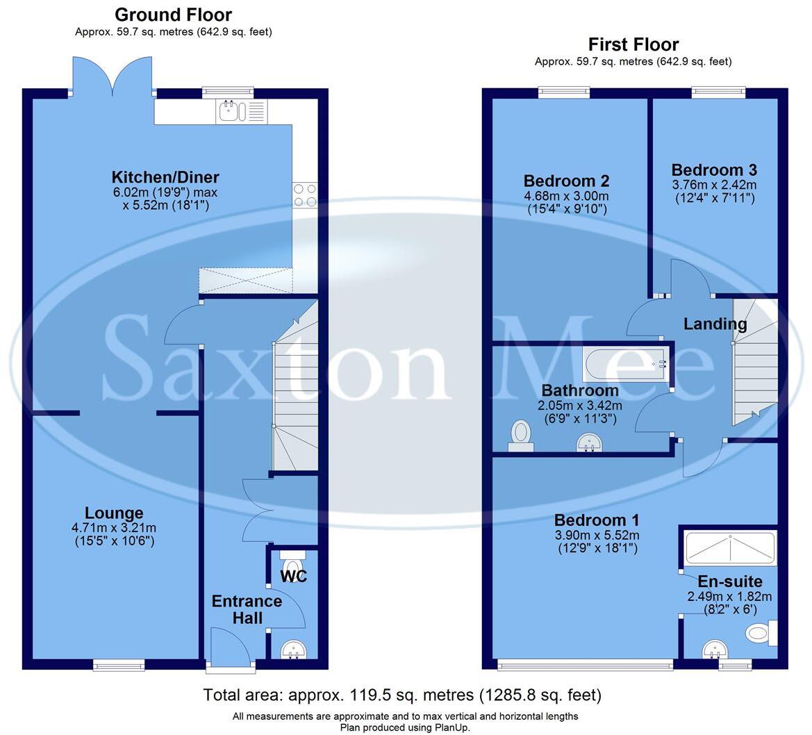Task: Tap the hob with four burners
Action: click(305, 195)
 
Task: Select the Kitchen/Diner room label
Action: click(165, 177)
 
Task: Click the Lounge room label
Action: click(115, 513)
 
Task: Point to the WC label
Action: click(293, 577)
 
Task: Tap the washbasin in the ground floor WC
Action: click(293, 650)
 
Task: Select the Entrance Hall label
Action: click(247, 609)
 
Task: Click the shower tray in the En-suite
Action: click(730, 549)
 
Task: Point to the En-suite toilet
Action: click(760, 633)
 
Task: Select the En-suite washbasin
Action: click(715, 650)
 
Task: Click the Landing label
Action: click(715, 324)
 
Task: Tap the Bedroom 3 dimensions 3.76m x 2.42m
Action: click(714, 185)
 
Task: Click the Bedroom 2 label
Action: click(566, 181)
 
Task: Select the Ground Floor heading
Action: click(173, 15)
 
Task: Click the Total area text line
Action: click(402, 695)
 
